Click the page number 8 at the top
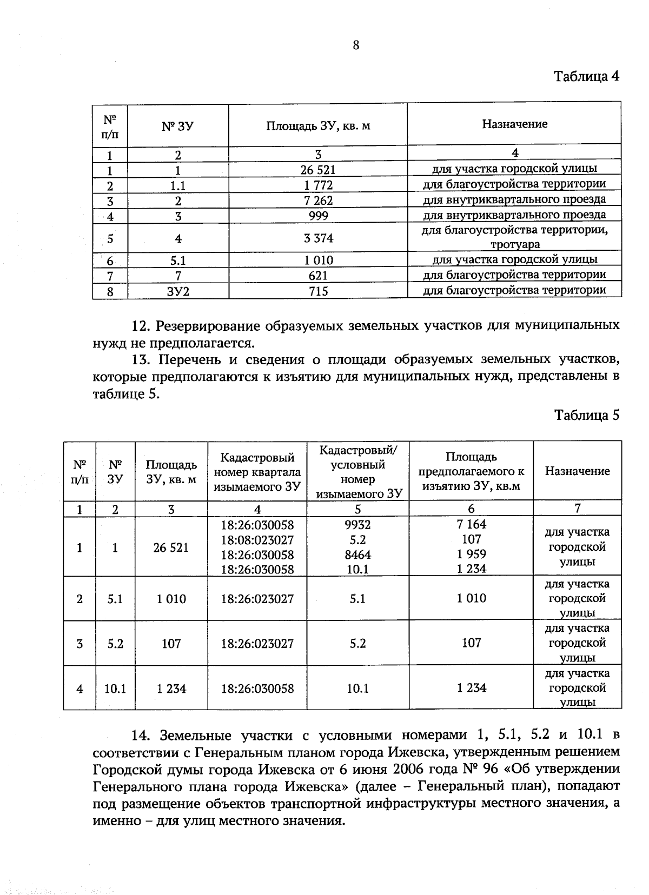[355, 45]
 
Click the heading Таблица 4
[586, 76]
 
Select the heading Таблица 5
[586, 415]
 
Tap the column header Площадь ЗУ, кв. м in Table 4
[318, 126]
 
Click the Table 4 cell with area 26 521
[318, 170]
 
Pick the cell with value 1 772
[318, 185]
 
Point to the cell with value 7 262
[318, 201]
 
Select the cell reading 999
[318, 216]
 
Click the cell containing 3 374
[318, 238]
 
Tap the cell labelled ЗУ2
[178, 291]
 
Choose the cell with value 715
[318, 291]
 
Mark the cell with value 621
[318, 276]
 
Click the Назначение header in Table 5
[577, 471]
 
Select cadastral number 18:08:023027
[257, 539]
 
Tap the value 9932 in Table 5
[357, 524]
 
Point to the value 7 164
[471, 524]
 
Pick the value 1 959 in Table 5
[471, 554]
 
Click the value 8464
[357, 555]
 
